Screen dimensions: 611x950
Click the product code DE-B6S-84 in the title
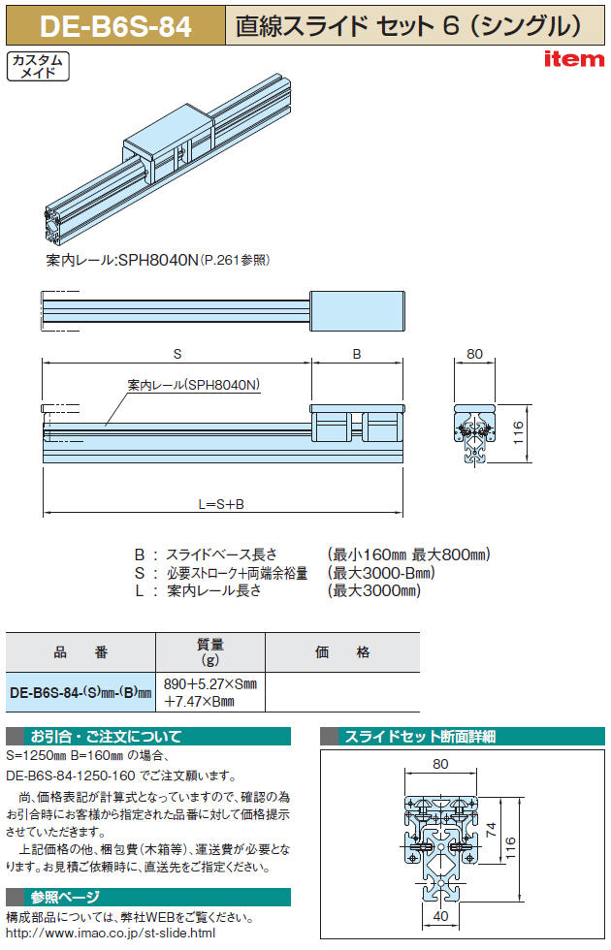click(x=115, y=27)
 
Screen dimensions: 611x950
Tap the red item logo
click(x=574, y=59)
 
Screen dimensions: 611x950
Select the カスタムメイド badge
click(x=38, y=66)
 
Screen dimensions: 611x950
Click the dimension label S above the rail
click(x=177, y=354)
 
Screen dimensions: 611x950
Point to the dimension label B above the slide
click(x=357, y=354)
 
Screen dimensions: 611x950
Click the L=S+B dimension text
click(x=221, y=504)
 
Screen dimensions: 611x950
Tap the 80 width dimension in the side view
click(x=474, y=354)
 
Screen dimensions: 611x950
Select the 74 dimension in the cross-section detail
click(x=491, y=830)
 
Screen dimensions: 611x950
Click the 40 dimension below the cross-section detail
click(x=440, y=916)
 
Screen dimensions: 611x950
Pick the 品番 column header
click(x=80, y=651)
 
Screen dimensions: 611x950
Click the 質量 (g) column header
click(x=209, y=651)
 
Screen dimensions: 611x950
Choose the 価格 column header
click(x=341, y=651)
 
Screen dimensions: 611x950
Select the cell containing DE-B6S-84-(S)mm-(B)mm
click(x=80, y=692)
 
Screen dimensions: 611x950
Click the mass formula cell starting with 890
click(x=210, y=692)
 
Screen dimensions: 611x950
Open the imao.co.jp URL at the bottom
click(x=111, y=933)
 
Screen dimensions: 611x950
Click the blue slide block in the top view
click(x=357, y=311)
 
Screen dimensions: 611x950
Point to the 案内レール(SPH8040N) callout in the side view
click(x=193, y=385)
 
